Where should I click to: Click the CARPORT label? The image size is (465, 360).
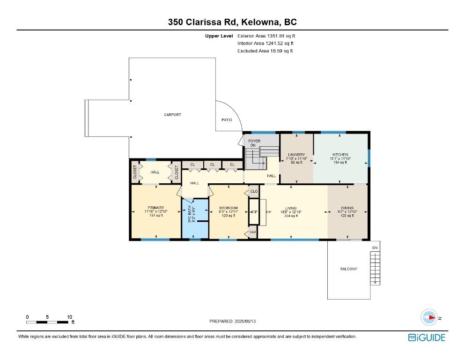pos(172,114)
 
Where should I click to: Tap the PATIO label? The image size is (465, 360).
pos(227,120)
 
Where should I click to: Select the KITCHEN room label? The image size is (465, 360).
pos(340,155)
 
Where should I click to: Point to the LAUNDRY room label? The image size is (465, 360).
pos(296,155)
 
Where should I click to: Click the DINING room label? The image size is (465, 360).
pos(347,208)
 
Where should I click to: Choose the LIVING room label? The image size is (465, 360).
pos(291,208)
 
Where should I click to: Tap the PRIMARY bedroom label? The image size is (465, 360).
pos(156,208)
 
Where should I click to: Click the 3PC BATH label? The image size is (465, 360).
pos(190,214)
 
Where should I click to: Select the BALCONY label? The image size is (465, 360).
pos(348,269)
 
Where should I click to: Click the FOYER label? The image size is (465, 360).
pos(254,141)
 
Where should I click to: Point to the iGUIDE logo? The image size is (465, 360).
pos(427,338)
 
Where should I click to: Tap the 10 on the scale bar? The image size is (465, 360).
pos(69,317)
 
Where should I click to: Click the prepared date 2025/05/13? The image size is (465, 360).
pos(245,321)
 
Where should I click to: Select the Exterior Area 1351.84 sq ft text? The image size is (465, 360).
pos(266,36)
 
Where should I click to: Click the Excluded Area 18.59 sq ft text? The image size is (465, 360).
pos(265,51)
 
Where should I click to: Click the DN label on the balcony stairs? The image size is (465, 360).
pos(375,247)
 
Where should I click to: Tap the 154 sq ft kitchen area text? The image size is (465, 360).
pos(340,162)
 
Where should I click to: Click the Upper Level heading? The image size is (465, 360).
pos(219,36)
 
